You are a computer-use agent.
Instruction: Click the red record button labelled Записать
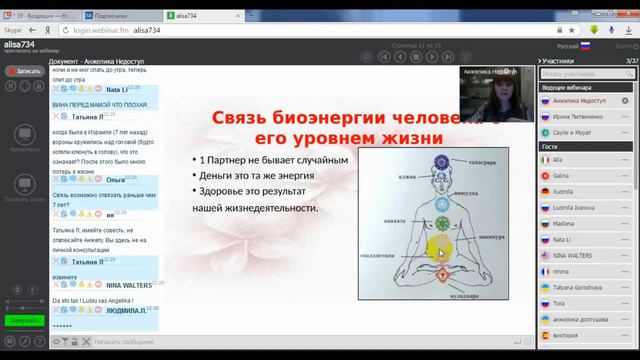point(24,71)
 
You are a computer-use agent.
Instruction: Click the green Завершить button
point(19,321)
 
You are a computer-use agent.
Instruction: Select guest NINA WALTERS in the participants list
point(575,254)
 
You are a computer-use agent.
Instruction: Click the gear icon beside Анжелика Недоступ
point(626,101)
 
